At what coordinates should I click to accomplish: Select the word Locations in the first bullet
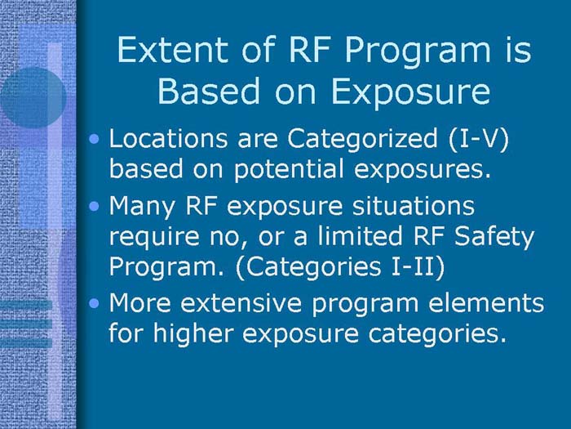click(x=164, y=138)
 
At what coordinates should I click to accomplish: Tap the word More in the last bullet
click(x=139, y=302)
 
